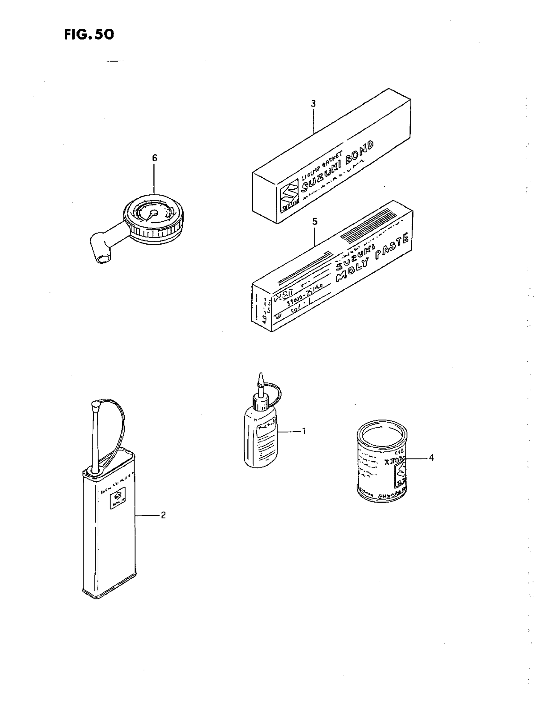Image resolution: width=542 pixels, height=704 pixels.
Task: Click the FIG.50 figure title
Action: (x=89, y=34)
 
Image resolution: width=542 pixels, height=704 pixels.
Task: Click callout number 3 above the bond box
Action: (x=313, y=103)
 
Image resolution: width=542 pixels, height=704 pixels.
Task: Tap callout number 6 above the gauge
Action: (x=155, y=158)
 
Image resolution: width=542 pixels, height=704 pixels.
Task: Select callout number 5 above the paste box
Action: (x=315, y=221)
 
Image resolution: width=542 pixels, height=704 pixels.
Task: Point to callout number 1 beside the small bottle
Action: (x=303, y=431)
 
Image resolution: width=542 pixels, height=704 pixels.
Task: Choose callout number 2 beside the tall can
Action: (x=163, y=515)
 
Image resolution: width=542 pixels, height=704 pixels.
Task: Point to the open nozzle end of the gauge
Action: (x=102, y=259)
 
